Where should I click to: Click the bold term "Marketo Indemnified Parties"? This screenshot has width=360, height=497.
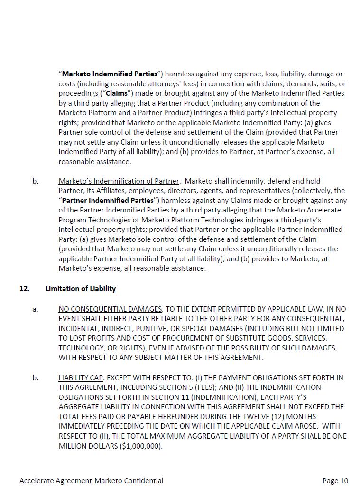click(x=110, y=74)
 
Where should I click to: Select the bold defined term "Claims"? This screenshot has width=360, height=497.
click(x=116, y=93)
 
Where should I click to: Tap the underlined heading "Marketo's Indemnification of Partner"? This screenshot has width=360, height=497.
click(x=119, y=181)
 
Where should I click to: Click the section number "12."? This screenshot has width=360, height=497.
click(x=25, y=288)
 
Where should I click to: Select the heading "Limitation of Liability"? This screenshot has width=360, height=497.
click(x=81, y=288)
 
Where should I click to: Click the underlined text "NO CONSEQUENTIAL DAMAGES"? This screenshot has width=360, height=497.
click(x=111, y=309)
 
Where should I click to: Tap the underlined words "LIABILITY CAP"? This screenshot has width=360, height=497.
click(x=81, y=378)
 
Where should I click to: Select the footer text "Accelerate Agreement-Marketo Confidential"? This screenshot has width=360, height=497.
click(x=92, y=481)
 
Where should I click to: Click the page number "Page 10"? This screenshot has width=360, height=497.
click(x=335, y=481)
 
